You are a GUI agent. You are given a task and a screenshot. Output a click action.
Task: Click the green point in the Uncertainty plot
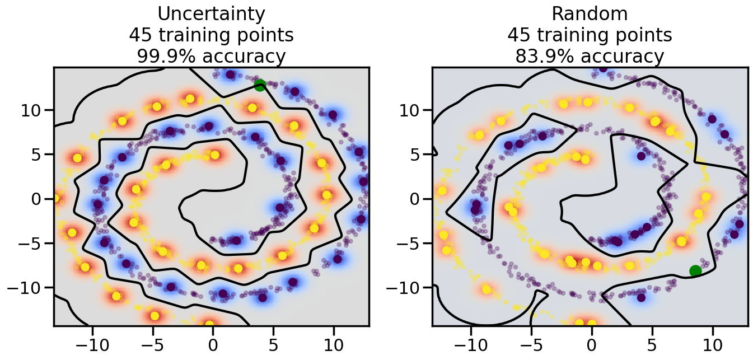(259, 85)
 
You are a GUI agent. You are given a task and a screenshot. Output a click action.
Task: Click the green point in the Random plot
(695, 271)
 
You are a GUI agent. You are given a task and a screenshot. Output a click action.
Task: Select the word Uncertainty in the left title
(211, 13)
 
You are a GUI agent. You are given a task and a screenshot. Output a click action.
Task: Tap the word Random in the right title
(590, 13)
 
